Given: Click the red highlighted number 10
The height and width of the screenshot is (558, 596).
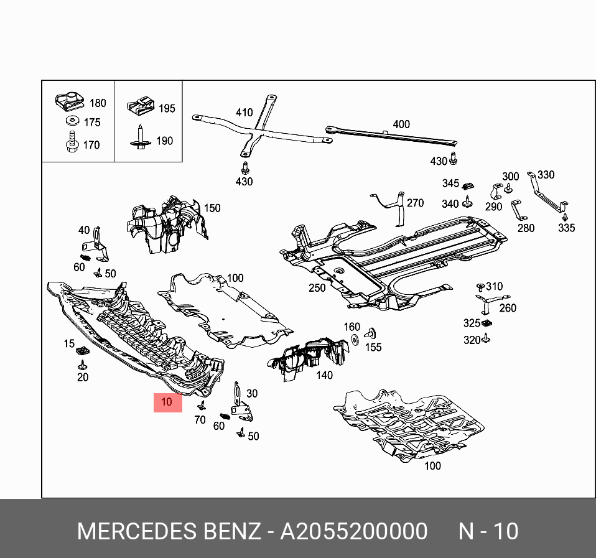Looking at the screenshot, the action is point(167,402).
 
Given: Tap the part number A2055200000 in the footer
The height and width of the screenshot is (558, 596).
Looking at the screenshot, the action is point(354,532).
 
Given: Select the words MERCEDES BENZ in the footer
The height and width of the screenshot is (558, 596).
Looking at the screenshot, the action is point(169,532).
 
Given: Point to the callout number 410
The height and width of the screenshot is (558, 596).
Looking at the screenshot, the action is point(244,113).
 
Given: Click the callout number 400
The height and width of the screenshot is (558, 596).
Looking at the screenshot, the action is point(401,124).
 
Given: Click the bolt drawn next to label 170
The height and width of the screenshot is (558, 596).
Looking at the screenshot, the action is point(70,142).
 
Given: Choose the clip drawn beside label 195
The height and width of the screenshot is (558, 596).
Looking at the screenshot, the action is point(141,106).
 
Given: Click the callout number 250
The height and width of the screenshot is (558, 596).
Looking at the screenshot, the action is point(317,288).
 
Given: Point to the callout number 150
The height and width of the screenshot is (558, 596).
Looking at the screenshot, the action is point(212,208).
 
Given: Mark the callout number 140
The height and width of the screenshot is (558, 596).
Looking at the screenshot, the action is point(324,375).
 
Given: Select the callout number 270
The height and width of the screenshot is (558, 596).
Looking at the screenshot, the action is point(415,203).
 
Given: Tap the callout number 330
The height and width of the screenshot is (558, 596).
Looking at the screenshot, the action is point(545,175).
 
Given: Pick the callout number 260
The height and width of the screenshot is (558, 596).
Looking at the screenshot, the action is point(507,308).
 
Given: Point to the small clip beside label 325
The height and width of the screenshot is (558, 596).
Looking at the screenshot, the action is point(487,323).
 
